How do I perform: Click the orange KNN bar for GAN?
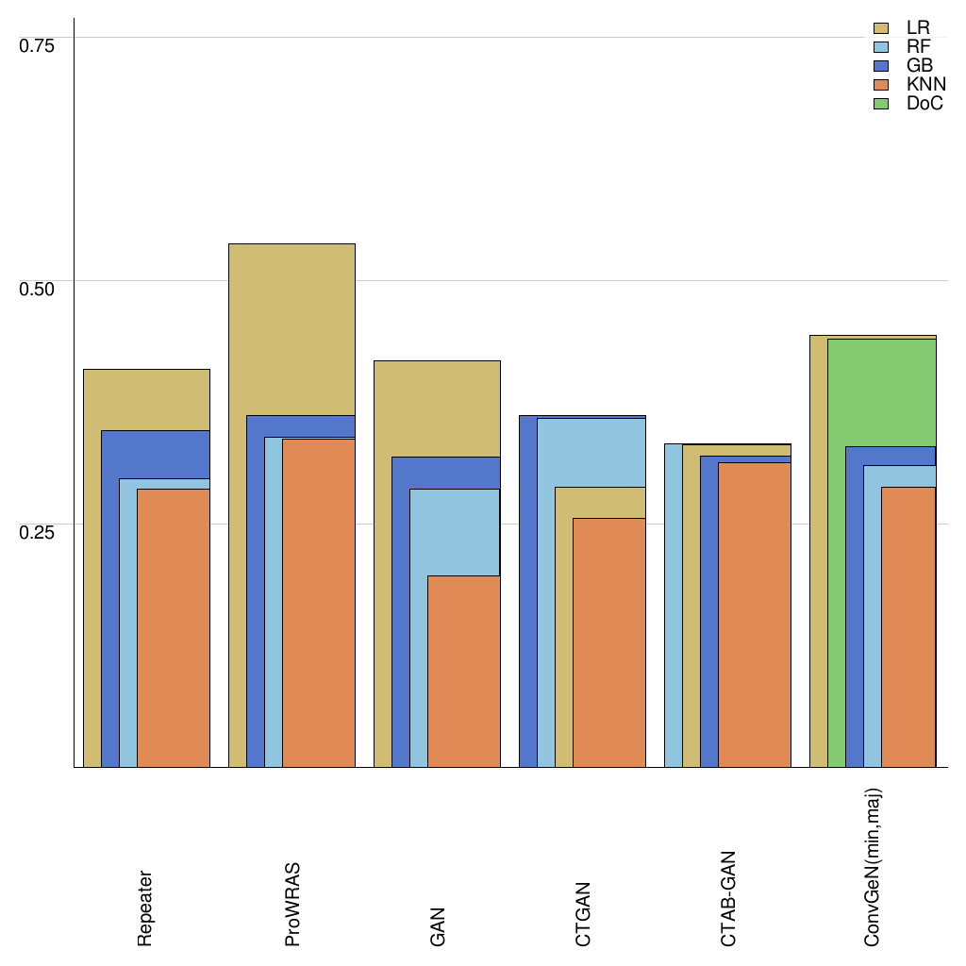pyautogui.click(x=464, y=671)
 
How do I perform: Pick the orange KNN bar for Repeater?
pyautogui.click(x=174, y=627)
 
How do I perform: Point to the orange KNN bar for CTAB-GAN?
pyautogui.click(x=755, y=614)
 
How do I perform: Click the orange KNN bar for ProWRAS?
pyautogui.click(x=319, y=603)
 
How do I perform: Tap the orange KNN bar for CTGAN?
pyautogui.click(x=609, y=642)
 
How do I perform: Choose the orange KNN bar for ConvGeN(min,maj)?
pyautogui.click(x=908, y=626)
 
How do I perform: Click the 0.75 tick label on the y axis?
pyautogui.click(x=38, y=44)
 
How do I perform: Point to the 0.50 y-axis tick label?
pyautogui.click(x=38, y=287)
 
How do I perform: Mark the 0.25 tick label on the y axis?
pyautogui.click(x=38, y=530)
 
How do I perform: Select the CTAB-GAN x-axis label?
pyautogui.click(x=727, y=899)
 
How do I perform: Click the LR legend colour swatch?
pyautogui.click(x=882, y=28)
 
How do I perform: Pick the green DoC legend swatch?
pyautogui.click(x=882, y=104)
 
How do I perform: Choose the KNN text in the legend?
pyautogui.click(x=926, y=85)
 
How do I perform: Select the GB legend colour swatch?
pyautogui.click(x=882, y=66)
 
